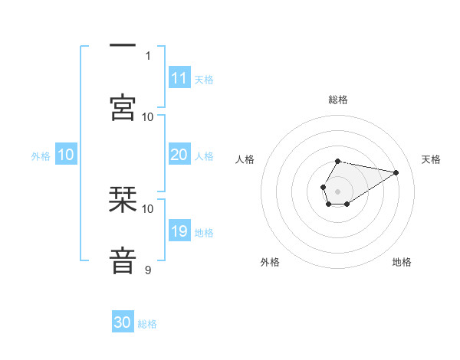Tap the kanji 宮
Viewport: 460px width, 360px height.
coord(123,107)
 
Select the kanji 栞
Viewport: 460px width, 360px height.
coord(123,201)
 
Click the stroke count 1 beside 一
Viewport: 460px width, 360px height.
coord(148,55)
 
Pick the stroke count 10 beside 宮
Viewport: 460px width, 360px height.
coord(148,116)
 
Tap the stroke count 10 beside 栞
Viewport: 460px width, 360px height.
coord(148,208)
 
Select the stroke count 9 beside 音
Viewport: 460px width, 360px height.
coord(148,270)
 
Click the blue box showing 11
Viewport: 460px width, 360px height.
coord(179,78)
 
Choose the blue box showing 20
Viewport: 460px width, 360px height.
coord(179,155)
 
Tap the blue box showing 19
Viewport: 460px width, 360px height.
coord(179,231)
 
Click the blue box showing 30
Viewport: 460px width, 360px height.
coord(123,322)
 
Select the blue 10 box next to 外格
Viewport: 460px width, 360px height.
coord(66,155)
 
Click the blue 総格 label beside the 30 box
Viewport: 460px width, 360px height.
coord(147,324)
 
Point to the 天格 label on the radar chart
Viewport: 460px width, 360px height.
coord(431,159)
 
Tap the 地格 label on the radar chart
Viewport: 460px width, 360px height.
coord(402,262)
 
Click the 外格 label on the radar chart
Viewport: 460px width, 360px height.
coord(270,262)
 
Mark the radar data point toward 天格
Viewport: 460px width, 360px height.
coord(396,171)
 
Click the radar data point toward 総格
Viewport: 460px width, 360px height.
coord(338,162)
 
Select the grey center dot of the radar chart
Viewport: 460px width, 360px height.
coord(337,190)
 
